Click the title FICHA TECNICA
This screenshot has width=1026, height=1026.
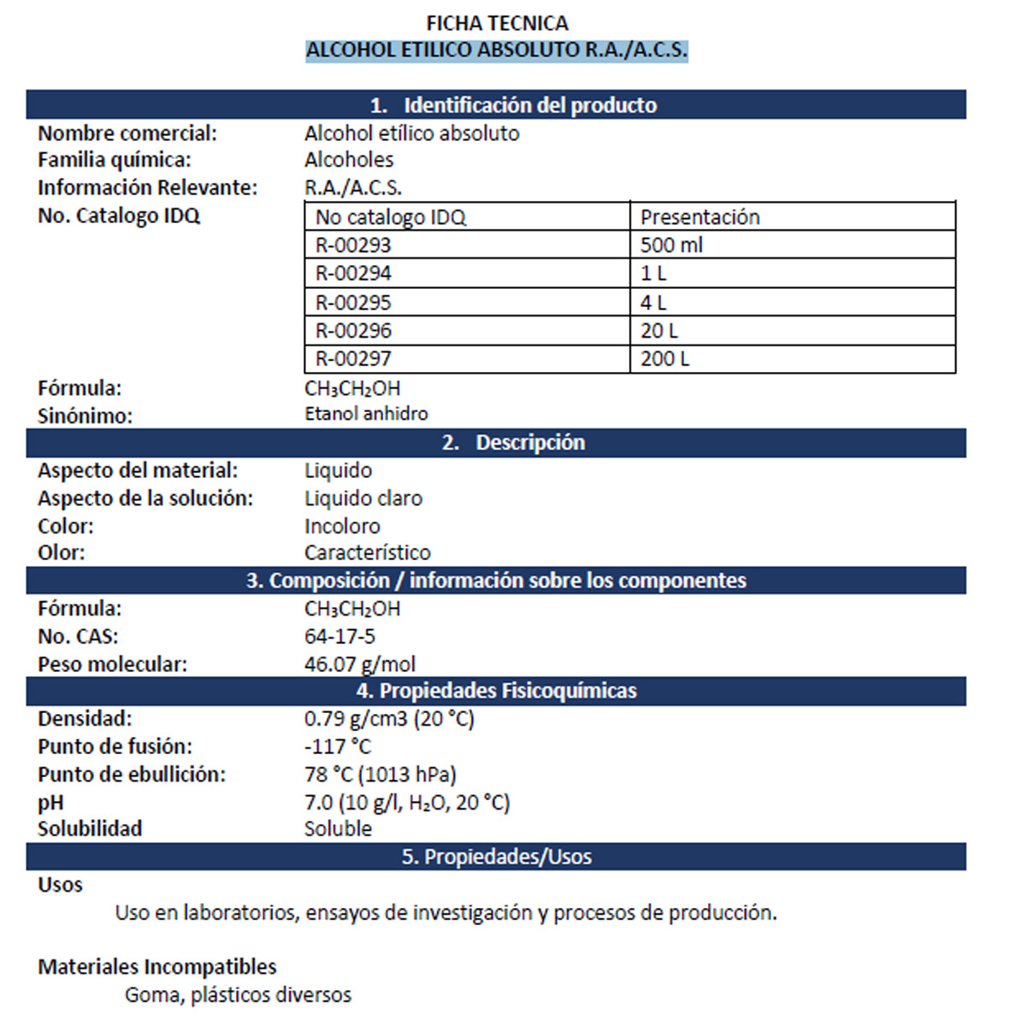[x=497, y=23]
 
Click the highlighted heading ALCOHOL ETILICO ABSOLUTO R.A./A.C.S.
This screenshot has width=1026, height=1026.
[x=497, y=50]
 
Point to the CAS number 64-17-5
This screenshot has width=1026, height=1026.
[x=339, y=636]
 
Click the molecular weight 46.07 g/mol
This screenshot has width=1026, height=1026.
[x=360, y=663]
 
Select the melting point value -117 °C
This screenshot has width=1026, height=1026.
[x=338, y=746]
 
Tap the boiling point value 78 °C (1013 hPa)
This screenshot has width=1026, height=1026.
[x=380, y=775]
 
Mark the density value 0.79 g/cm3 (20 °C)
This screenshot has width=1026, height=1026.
[x=389, y=718]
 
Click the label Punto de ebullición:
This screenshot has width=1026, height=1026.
[x=132, y=775]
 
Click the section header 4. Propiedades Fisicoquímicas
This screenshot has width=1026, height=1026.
[x=497, y=691]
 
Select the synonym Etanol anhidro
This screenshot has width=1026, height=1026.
[x=366, y=414]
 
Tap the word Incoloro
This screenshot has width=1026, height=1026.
[x=342, y=526]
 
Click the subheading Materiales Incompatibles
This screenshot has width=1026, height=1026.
[x=157, y=967]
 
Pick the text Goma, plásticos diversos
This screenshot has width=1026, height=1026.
[x=238, y=995]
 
